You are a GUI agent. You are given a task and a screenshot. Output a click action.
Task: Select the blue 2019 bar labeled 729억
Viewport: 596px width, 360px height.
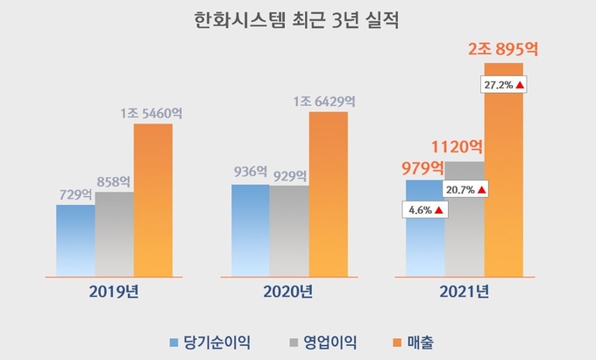[75, 241]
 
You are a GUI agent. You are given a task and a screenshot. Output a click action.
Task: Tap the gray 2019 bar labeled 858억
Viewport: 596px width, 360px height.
[114, 234]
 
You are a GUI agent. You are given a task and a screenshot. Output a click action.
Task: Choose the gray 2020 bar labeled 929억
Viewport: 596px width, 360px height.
[288, 230]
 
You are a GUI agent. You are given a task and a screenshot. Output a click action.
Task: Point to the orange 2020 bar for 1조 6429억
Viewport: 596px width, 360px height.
[328, 194]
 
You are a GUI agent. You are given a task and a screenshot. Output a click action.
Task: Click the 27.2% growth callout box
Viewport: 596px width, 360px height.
[503, 85]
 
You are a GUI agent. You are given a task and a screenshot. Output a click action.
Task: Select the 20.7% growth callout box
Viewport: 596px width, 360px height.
[465, 189]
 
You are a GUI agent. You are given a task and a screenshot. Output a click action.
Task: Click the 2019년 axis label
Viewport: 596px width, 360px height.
[115, 291]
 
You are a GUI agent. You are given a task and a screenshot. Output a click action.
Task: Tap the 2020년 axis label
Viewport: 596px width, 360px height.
[289, 291]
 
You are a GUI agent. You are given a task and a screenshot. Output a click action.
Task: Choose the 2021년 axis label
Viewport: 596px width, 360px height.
[465, 291]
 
